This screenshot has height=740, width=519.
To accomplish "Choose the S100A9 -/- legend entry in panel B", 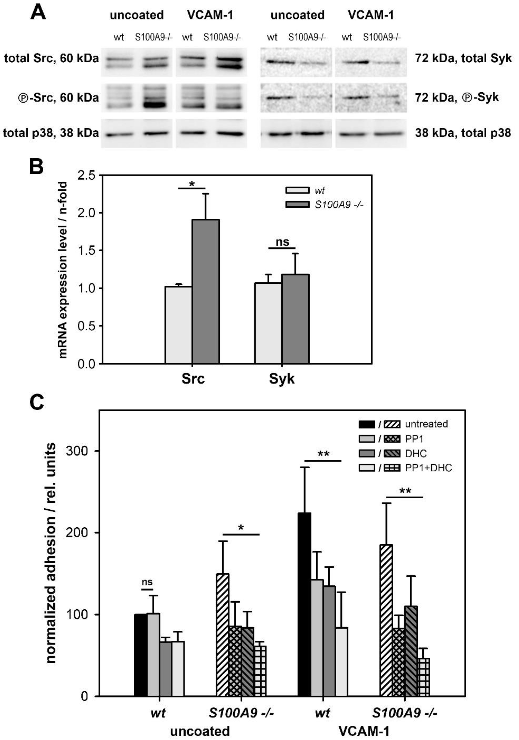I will pyautogui.click(x=338, y=204).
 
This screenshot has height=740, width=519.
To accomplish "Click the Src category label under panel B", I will pyautogui.click(x=193, y=379).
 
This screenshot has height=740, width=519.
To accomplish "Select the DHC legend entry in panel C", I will pyautogui.click(x=416, y=453).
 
